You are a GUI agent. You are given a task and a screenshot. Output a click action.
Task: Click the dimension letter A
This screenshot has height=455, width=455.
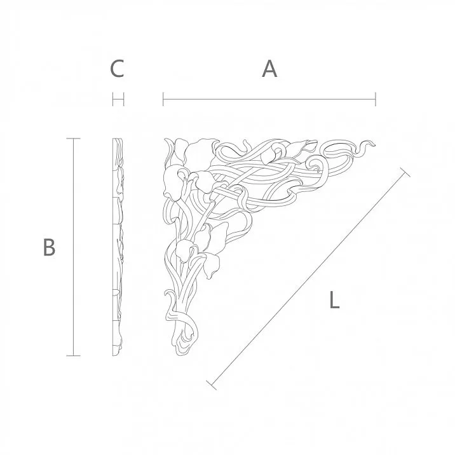[x=270, y=69]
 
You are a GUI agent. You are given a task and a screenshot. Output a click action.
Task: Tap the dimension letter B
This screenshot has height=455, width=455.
[x=49, y=247]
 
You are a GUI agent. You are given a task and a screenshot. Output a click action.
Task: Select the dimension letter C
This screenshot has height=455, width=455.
[x=116, y=69]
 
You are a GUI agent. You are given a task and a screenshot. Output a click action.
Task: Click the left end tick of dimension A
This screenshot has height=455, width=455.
[x=163, y=99]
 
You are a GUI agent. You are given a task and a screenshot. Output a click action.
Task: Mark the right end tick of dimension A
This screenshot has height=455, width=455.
[x=376, y=99]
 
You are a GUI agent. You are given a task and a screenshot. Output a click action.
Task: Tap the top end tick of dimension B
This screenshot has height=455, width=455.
[x=74, y=139]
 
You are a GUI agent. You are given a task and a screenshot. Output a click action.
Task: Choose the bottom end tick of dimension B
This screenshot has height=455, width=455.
[x=74, y=356]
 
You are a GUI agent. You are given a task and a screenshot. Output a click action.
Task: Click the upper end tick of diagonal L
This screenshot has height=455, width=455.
[x=405, y=172]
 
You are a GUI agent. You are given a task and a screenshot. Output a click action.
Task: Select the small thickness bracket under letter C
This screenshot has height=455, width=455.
[x=118, y=99]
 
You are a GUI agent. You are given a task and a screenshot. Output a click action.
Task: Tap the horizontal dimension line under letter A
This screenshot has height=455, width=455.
[x=269, y=99]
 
